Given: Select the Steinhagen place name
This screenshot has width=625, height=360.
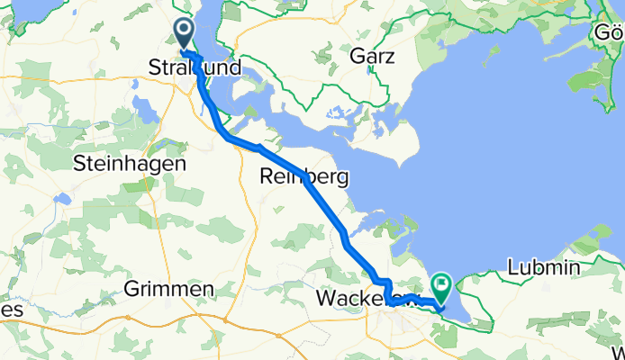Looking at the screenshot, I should tap(130, 165).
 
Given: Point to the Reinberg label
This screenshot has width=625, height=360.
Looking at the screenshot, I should tap(303, 176).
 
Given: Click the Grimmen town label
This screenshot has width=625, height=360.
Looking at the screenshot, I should tap(170, 289).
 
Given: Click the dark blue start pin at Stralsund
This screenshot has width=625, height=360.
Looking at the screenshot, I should tap(183, 35).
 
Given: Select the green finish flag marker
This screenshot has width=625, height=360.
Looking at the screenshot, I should tap(442, 287).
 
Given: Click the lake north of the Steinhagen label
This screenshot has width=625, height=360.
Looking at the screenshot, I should tap(144, 110).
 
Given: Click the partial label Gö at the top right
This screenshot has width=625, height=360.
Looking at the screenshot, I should tap(607, 33).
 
